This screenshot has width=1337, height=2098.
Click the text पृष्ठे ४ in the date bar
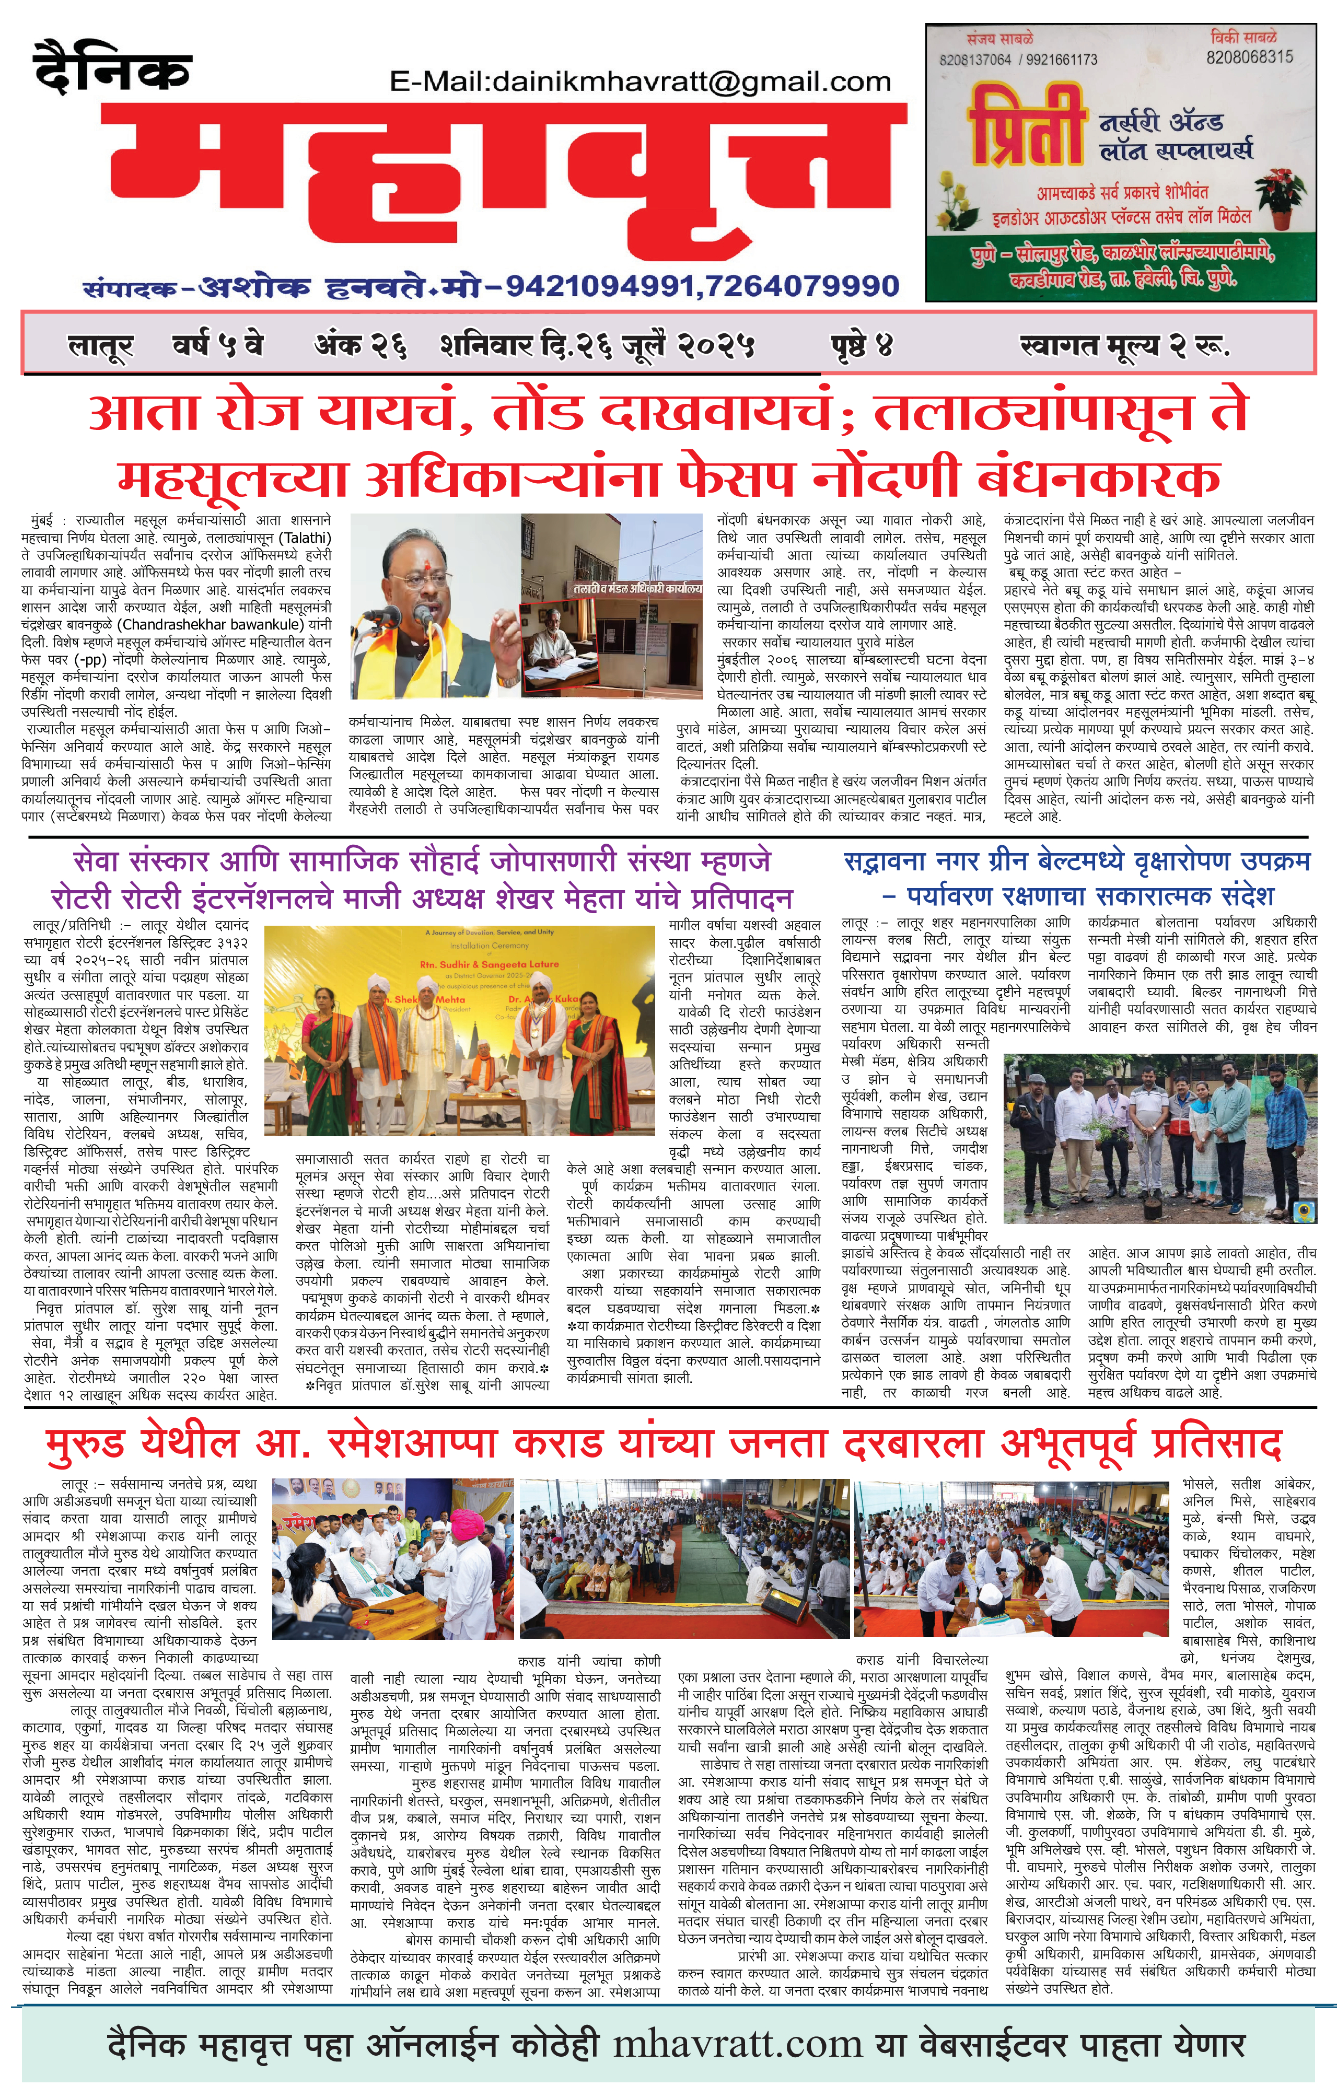tap(861, 346)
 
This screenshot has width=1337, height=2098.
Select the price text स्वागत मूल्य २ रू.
tap(1124, 346)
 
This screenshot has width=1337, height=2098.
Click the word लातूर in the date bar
tap(100, 346)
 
